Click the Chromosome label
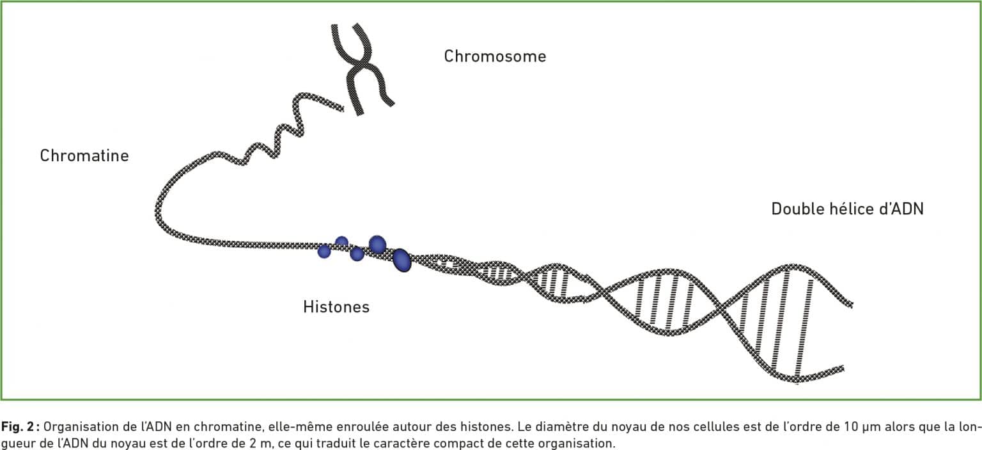(x=495, y=56)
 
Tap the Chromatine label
(x=84, y=156)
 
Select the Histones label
(x=336, y=307)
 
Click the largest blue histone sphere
(x=401, y=261)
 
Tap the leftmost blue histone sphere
(x=324, y=251)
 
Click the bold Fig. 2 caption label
(x=20, y=427)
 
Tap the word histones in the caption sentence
(x=486, y=427)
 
